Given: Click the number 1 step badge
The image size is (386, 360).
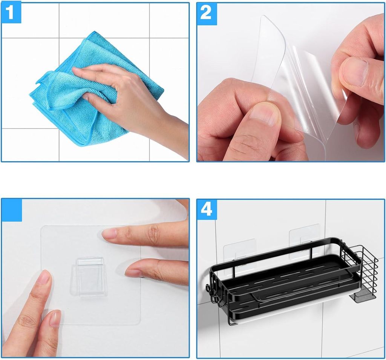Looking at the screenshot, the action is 11,13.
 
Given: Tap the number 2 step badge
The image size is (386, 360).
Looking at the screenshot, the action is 207,14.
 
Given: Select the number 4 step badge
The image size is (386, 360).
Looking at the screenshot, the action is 207,209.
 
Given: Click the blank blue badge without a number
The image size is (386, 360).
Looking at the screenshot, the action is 12,210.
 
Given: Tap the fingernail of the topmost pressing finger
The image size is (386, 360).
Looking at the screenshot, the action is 109,233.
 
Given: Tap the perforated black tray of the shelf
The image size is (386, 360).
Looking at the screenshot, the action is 286,281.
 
